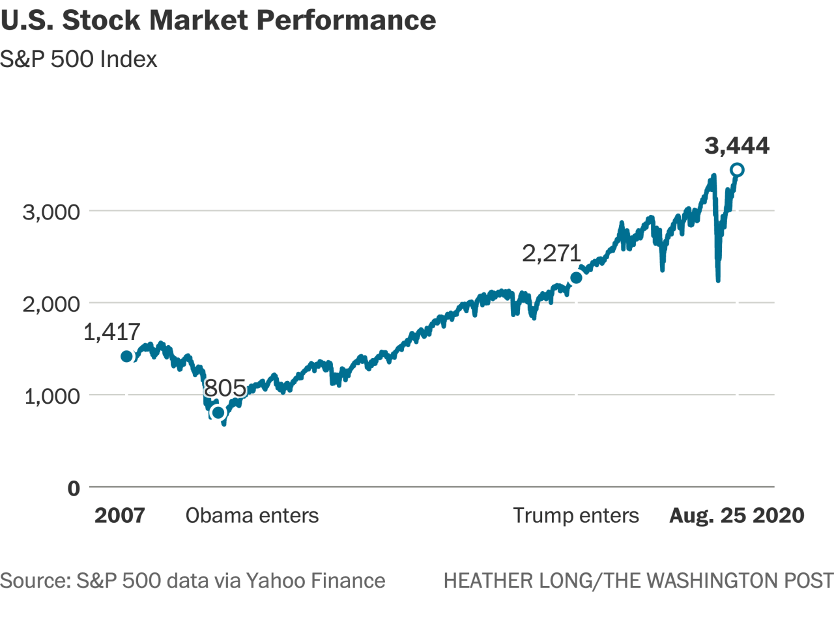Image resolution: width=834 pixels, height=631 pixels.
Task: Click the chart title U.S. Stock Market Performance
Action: (x=218, y=20)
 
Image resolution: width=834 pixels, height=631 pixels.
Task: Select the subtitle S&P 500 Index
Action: (x=79, y=59)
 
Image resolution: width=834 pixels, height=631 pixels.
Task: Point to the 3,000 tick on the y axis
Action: (x=51, y=212)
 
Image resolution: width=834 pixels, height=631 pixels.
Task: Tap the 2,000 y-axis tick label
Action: (x=51, y=303)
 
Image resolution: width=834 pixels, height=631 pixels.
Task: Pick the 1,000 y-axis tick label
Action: (x=52, y=396)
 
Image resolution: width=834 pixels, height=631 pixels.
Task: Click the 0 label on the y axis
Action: (x=74, y=488)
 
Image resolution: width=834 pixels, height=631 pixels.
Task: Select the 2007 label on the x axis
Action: (x=119, y=516)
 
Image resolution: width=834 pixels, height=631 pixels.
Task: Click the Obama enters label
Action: (x=252, y=516)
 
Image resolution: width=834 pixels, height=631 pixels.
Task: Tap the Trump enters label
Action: (x=576, y=516)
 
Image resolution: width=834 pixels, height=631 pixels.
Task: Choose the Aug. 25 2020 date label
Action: (x=737, y=516)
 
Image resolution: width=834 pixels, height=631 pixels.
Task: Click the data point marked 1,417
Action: (x=126, y=356)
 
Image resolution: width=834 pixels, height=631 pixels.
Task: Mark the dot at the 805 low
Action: (x=218, y=412)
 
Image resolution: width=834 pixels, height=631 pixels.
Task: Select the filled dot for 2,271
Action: (x=576, y=278)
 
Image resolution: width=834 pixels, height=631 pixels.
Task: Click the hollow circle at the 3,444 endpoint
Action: (x=737, y=170)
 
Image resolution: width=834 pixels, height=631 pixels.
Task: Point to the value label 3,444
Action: (x=737, y=146)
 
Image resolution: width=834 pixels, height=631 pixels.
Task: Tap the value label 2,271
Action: (x=551, y=253)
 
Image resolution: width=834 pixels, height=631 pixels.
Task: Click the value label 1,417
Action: (x=112, y=332)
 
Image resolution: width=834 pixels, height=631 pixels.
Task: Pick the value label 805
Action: (x=225, y=388)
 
